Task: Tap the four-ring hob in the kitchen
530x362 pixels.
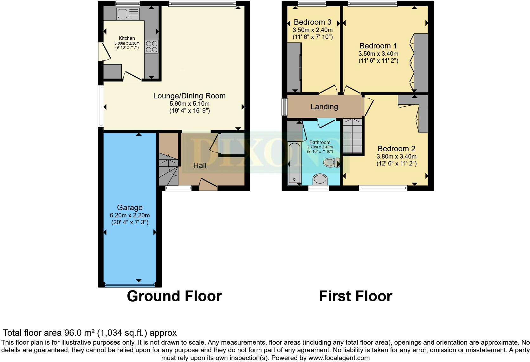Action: coord(152,46)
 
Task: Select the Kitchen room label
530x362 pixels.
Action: coord(127,38)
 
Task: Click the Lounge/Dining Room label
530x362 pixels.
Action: coord(189,96)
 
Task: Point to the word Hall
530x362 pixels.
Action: coord(200,165)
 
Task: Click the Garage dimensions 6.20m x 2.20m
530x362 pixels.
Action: coord(130,215)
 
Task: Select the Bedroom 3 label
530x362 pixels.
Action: coord(312,22)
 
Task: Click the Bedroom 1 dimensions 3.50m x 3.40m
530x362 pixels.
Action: coord(378,54)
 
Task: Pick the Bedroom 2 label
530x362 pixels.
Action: coord(396,149)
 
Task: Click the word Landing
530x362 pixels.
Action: coord(324,107)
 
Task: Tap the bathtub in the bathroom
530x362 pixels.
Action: coord(294,164)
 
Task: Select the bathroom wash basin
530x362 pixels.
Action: coord(320,179)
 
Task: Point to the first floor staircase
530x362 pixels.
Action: coord(352,135)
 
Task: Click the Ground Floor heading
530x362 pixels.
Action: coord(174,296)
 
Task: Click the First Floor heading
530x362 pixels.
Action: coord(355,296)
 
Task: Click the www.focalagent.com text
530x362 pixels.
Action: coord(339,358)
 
